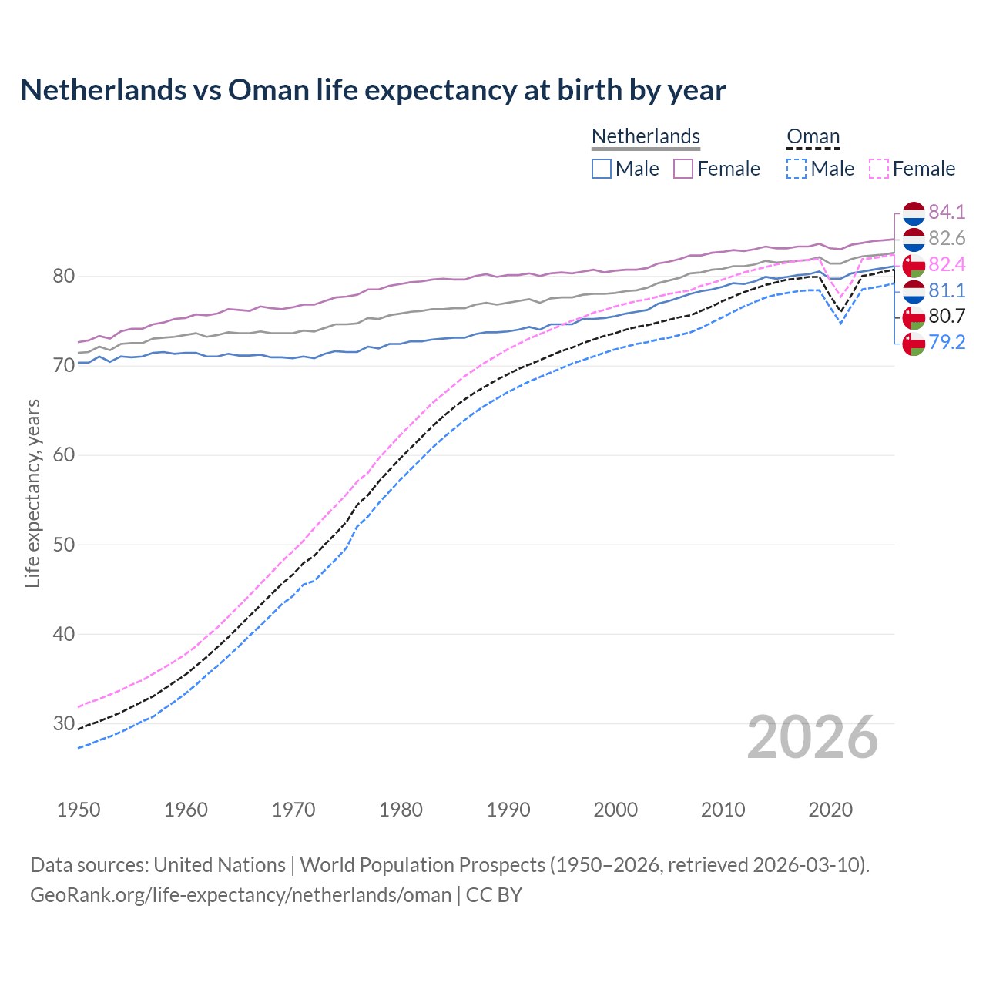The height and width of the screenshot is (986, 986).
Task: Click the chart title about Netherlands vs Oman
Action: pyautogui.click(x=373, y=90)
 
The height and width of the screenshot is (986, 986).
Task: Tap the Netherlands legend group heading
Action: pyautogui.click(x=646, y=136)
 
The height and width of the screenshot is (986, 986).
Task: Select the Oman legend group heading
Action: pyautogui.click(x=813, y=136)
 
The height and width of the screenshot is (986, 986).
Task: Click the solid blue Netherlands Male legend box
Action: pyautogui.click(x=602, y=169)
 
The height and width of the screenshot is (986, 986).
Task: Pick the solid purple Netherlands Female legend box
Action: pyautogui.click(x=683, y=169)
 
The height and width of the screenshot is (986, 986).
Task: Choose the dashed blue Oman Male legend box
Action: pyautogui.click(x=797, y=169)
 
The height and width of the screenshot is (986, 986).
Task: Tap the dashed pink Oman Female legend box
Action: pyautogui.click(x=879, y=169)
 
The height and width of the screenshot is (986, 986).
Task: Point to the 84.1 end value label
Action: pyautogui.click(x=947, y=212)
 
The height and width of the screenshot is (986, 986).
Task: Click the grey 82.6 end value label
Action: pyautogui.click(x=947, y=238)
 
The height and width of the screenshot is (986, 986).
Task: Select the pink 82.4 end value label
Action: pyautogui.click(x=947, y=264)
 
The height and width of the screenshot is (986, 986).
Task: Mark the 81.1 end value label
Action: pyautogui.click(x=947, y=290)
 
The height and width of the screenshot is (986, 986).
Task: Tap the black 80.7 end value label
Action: pyautogui.click(x=947, y=316)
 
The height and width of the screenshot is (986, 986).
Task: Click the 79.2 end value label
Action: pyautogui.click(x=947, y=342)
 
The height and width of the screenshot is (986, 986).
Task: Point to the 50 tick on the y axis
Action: pyautogui.click(x=63, y=545)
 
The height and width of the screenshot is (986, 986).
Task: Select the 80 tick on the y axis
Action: pyautogui.click(x=63, y=276)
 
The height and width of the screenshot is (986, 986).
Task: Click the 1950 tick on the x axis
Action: pyautogui.click(x=79, y=810)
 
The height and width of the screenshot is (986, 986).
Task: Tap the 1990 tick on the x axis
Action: pyautogui.click(x=508, y=810)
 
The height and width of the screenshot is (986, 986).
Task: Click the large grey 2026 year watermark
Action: pyautogui.click(x=813, y=737)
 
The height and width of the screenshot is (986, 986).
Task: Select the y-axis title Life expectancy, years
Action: pyautogui.click(x=32, y=493)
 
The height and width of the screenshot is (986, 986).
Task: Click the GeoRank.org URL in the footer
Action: pyautogui.click(x=240, y=894)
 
